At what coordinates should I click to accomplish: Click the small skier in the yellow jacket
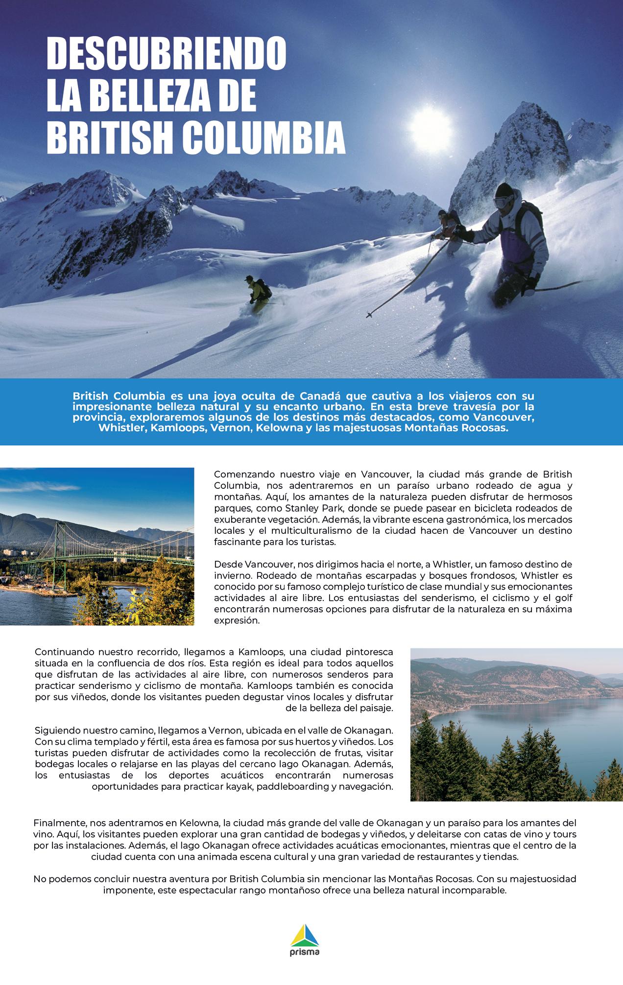pos(257,294)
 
